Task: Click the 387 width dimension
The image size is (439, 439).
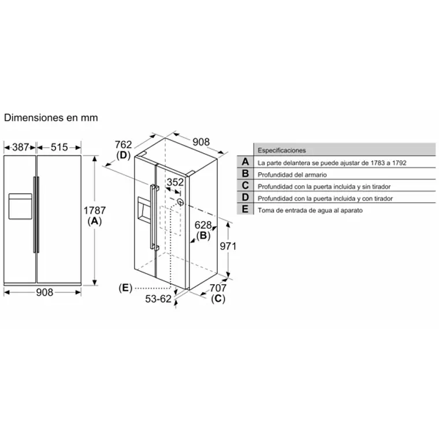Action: pyautogui.click(x=21, y=147)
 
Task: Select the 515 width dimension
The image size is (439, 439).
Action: pyautogui.click(x=59, y=147)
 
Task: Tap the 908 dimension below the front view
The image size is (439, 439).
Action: pyautogui.click(x=44, y=292)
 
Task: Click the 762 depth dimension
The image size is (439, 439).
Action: pyautogui.click(x=124, y=144)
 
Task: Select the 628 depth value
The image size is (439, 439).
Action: pyautogui.click(x=203, y=225)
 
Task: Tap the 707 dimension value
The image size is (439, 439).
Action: pyautogui.click(x=218, y=288)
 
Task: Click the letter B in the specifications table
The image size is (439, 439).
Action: pyautogui.click(x=245, y=174)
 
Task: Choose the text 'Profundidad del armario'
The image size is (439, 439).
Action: pyautogui.click(x=292, y=174)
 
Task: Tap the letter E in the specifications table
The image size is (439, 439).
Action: pyautogui.click(x=245, y=210)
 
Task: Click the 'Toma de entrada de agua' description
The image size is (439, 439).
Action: pyautogui.click(x=310, y=210)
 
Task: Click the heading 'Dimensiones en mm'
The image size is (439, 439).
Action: pyautogui.click(x=51, y=117)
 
